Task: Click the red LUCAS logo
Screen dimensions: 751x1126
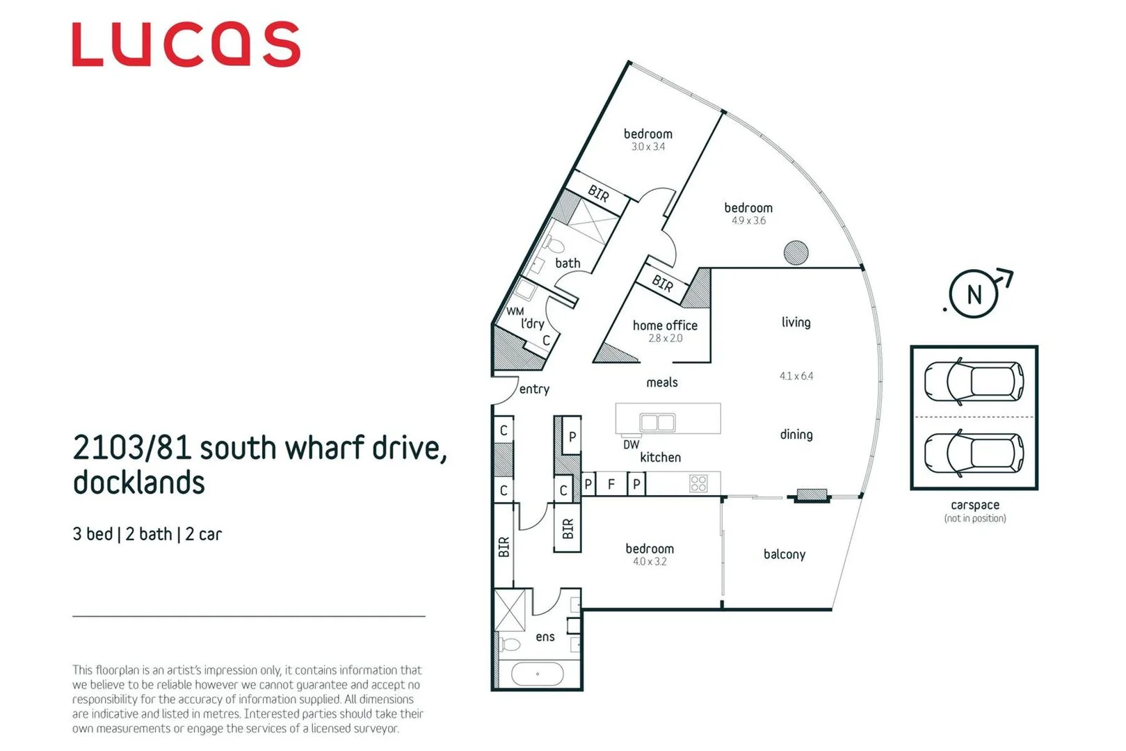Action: tap(186, 45)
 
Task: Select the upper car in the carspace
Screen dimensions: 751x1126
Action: tap(973, 381)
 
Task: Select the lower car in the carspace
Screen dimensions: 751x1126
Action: tap(973, 453)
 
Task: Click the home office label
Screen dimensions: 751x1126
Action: tap(664, 325)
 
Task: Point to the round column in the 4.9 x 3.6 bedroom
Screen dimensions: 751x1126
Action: tap(796, 252)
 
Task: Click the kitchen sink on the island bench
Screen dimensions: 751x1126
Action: tap(657, 422)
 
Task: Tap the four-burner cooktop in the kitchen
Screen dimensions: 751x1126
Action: tap(698, 483)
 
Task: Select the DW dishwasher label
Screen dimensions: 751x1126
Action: tap(631, 445)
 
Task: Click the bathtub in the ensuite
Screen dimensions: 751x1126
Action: tap(537, 674)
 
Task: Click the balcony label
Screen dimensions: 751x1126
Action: tap(784, 554)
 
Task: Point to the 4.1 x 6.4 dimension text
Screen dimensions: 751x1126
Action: tap(796, 376)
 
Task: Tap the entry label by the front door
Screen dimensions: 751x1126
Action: tap(534, 389)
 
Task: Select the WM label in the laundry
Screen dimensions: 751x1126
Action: tap(515, 312)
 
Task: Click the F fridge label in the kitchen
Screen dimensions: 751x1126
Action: tap(611, 484)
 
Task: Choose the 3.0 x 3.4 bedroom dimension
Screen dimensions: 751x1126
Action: tap(648, 147)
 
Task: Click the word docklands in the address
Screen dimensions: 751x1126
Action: tap(139, 483)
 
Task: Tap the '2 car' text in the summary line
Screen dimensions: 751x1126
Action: tap(203, 534)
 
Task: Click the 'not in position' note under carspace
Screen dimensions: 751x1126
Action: tap(974, 518)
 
